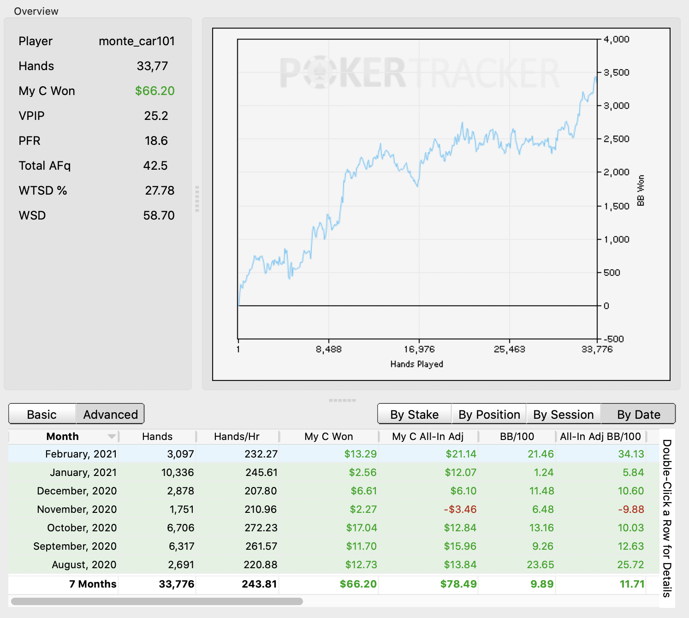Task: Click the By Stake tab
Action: point(415,414)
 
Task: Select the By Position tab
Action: point(489,414)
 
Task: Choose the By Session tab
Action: point(564,414)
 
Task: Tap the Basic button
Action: point(42,414)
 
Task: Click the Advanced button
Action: point(111,414)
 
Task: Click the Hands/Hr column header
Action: point(237,436)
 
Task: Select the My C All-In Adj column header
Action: point(428,436)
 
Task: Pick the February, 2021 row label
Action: point(81,454)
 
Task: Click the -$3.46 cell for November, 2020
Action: point(460,509)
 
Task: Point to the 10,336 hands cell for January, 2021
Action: point(178,472)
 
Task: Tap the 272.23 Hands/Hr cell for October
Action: point(261,528)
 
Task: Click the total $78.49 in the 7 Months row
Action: point(458,584)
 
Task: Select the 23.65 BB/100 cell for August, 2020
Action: point(541,565)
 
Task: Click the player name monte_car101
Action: point(137,41)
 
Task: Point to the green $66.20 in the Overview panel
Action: point(155,91)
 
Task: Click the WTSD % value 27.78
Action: point(160,190)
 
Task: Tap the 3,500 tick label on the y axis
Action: point(616,72)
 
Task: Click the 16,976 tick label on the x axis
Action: point(419,349)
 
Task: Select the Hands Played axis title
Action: point(416,364)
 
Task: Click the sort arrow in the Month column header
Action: point(112,436)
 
